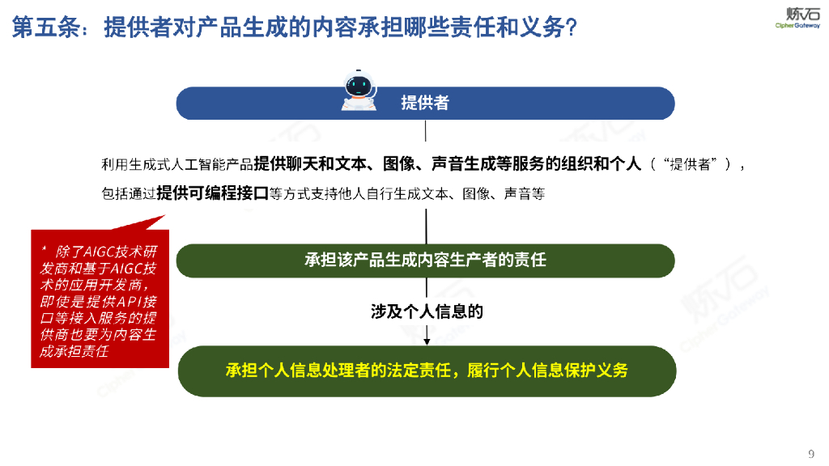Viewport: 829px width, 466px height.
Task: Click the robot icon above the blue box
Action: (359, 90)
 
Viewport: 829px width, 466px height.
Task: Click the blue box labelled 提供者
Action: (425, 104)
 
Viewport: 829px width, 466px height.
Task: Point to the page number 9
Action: (810, 452)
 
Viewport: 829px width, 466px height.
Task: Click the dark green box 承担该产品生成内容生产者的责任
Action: (425, 261)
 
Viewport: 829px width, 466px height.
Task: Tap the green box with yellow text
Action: (425, 371)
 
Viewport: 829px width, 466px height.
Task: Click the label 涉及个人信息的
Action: (427, 311)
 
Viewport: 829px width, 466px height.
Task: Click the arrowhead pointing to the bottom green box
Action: (426, 341)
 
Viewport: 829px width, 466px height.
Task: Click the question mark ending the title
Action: (571, 28)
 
